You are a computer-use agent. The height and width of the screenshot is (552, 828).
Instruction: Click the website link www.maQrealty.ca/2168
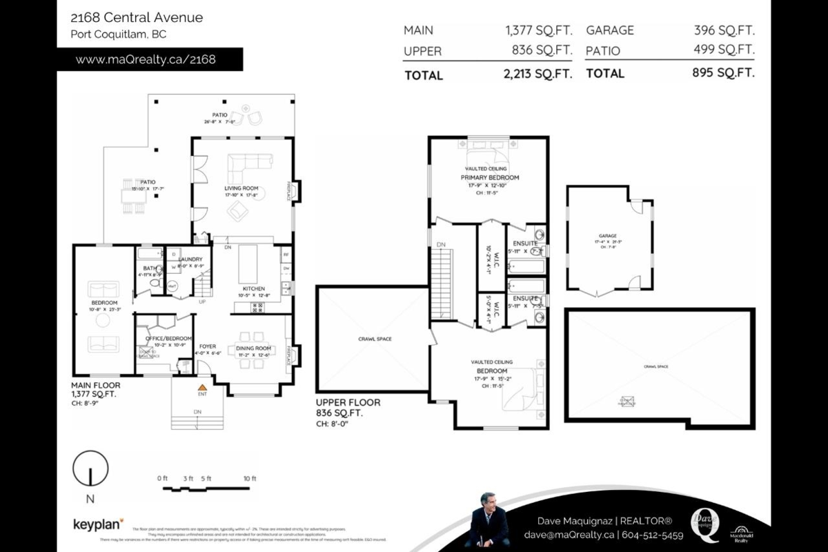pyautogui.click(x=145, y=59)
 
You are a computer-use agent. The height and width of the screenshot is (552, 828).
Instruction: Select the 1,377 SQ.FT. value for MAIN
pyautogui.click(x=538, y=30)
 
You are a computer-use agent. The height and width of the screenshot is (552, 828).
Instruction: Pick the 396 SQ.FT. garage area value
pyautogui.click(x=724, y=30)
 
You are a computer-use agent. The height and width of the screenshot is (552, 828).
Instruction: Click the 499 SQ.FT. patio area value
pyautogui.click(x=724, y=50)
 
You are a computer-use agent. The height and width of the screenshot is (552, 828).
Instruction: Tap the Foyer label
pyautogui.click(x=208, y=346)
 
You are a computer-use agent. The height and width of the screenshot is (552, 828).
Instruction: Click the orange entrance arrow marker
pyautogui.click(x=203, y=388)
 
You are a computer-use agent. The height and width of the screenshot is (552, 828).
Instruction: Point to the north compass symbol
pyautogui.click(x=90, y=471)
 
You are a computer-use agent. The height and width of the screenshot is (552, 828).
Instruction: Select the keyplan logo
pyautogui.click(x=98, y=524)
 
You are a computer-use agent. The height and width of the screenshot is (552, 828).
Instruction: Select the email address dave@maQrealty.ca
pyautogui.click(x=569, y=535)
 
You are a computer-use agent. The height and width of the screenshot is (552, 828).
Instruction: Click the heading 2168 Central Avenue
pyautogui.click(x=137, y=17)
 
